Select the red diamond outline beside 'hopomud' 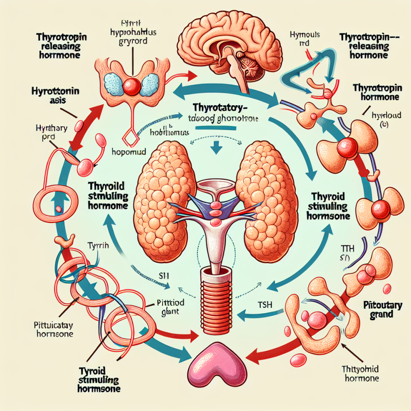[x=130, y=139]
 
